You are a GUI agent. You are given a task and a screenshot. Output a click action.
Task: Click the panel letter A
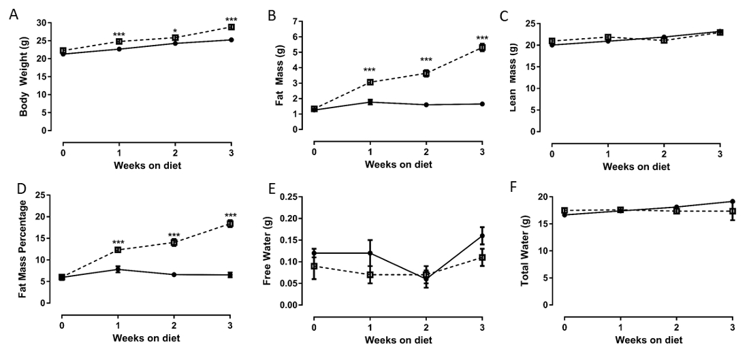coord(13,14)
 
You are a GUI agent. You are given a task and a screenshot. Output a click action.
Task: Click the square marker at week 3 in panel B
coord(482,48)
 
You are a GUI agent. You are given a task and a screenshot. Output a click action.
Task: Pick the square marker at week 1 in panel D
coord(118,250)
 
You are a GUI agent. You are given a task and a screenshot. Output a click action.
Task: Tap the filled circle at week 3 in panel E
coord(482,236)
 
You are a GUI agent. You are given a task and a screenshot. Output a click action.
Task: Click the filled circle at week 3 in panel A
coord(231,40)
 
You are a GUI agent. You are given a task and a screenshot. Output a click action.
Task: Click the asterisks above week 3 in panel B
coord(482,38)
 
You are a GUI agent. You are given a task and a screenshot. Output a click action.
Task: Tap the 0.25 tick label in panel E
coord(292,197)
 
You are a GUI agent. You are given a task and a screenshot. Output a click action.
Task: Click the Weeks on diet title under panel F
coord(648,338)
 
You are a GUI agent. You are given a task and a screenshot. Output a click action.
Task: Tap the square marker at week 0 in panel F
coord(564,210)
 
